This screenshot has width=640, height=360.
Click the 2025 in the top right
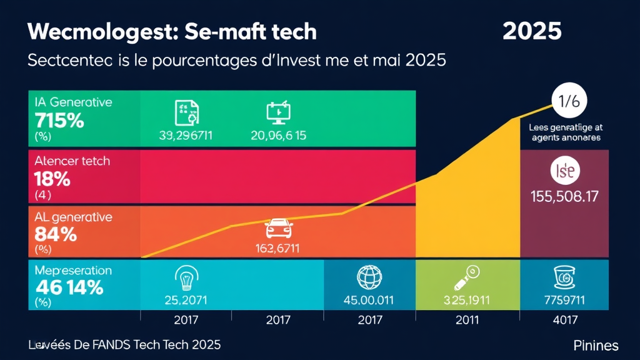tap(532, 31)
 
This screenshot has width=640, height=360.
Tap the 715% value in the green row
tap(59, 120)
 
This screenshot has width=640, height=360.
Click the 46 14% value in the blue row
tap(69, 288)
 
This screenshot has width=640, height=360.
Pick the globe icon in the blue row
tap(368, 277)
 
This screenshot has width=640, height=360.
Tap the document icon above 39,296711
tap(186, 112)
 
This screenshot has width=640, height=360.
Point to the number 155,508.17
tap(564, 196)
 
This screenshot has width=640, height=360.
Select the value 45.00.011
tap(369, 300)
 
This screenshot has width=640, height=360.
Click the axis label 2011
tap(467, 320)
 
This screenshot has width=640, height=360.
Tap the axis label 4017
tap(564, 320)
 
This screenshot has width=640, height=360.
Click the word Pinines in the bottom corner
tap(595, 346)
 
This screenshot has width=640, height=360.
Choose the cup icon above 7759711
tap(564, 276)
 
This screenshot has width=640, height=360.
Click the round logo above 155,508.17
tap(564, 171)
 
